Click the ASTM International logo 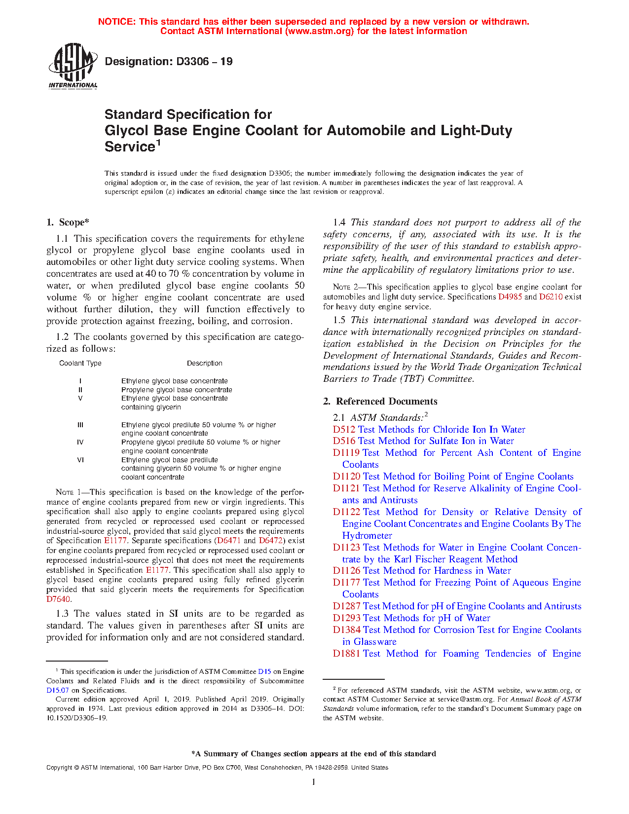tap(73, 66)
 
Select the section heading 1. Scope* tap(68, 222)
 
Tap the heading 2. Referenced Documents tap(380, 401)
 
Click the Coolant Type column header tap(80, 363)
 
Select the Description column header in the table tap(204, 363)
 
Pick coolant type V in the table tap(80, 398)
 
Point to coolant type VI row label tap(80, 460)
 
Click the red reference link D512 tap(344, 429)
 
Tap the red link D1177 tap(346, 582)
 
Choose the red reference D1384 tap(346, 629)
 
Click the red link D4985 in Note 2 tap(510, 296)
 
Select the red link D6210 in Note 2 tap(551, 296)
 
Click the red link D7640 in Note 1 tap(58, 599)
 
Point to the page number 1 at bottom tap(314, 781)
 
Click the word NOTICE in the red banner tap(116, 22)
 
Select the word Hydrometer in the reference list tap(367, 535)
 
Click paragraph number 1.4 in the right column tap(339, 222)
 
